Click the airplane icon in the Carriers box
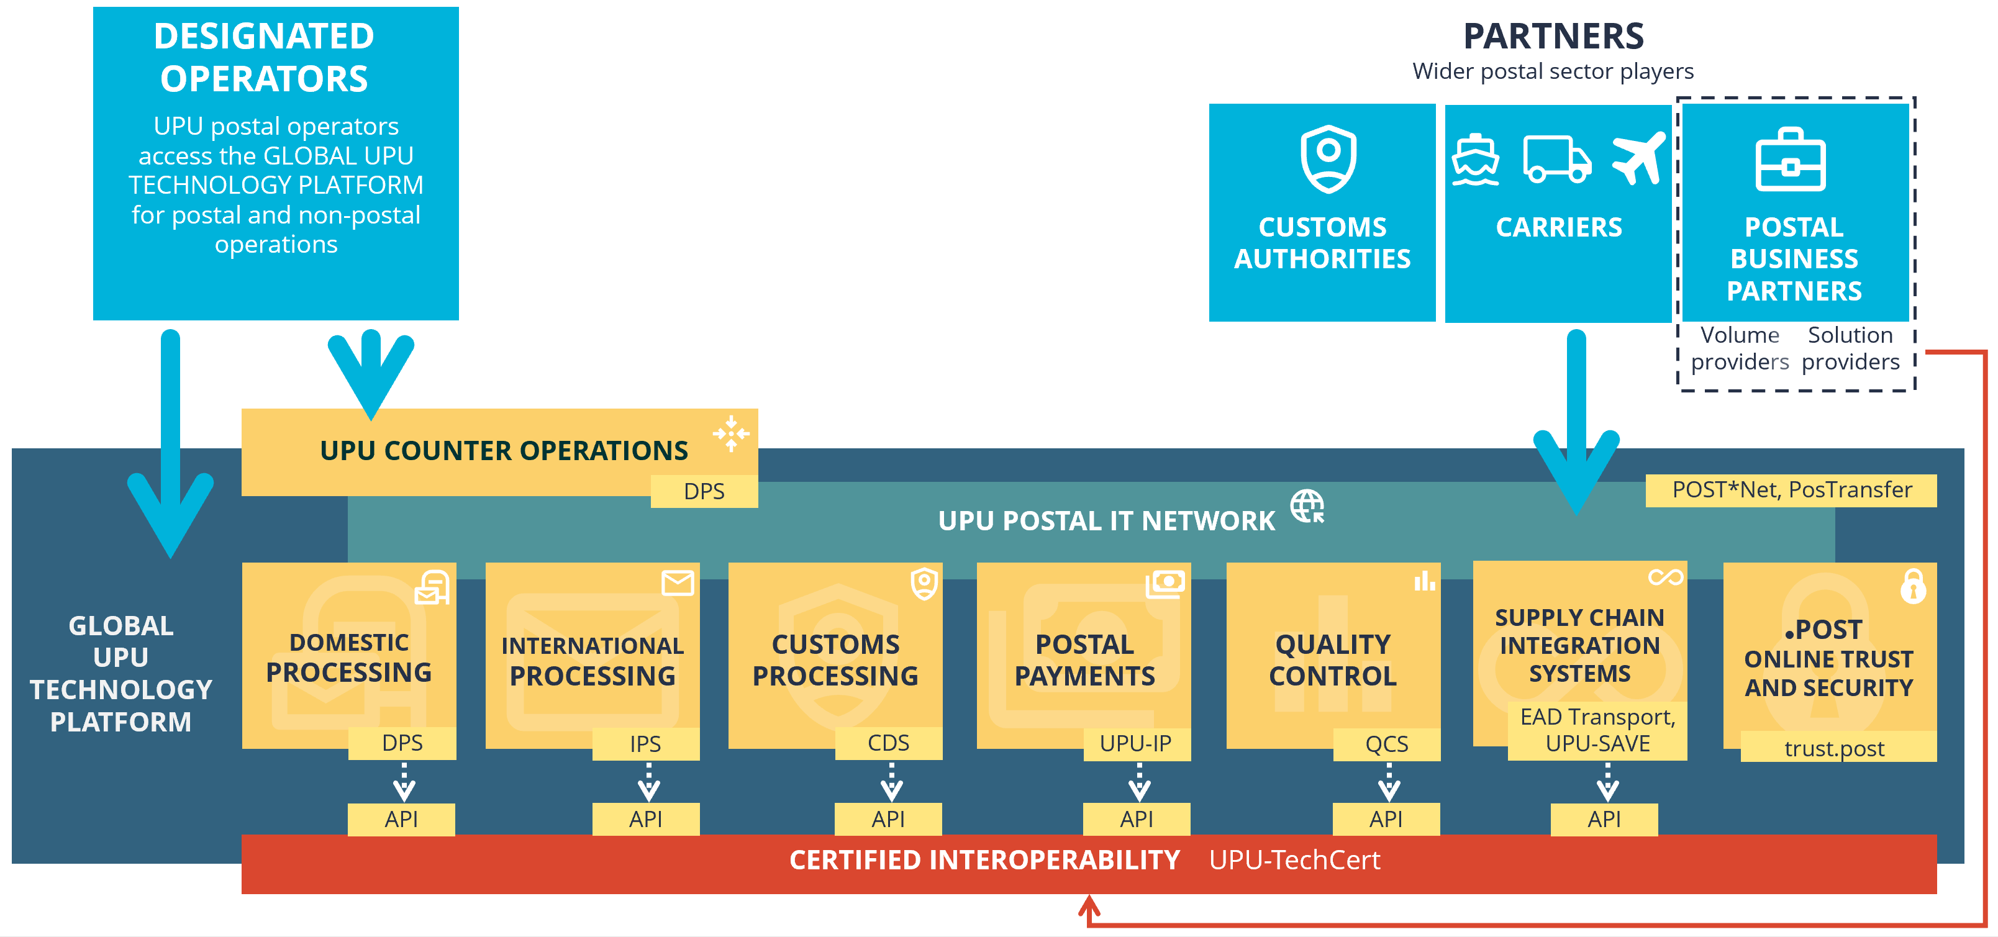tap(1638, 158)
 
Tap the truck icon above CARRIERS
tap(1556, 160)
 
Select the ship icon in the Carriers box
tap(1475, 161)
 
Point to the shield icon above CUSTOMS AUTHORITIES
tap(1328, 159)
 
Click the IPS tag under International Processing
tap(645, 744)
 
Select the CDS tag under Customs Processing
tap(888, 743)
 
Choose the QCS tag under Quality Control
tap(1386, 744)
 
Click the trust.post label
tap(1833, 748)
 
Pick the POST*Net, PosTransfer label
tap(1791, 490)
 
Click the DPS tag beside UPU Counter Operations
tap(704, 492)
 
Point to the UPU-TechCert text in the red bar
tap(1294, 860)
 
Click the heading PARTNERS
tap(1553, 37)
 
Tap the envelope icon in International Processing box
tap(677, 582)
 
